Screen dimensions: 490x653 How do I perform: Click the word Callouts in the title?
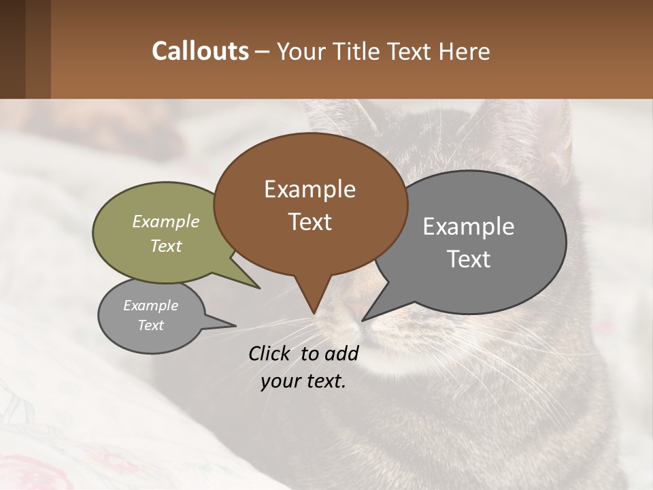[200, 51]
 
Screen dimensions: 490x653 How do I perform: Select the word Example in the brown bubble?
[309, 189]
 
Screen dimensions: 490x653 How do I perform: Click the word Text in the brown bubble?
[309, 222]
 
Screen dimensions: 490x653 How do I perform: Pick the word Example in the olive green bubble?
[165, 221]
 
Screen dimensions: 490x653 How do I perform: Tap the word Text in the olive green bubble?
[165, 246]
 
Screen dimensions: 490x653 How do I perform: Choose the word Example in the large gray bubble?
[469, 226]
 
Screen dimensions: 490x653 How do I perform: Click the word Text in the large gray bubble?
[469, 259]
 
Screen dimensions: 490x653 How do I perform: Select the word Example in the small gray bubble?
[150, 306]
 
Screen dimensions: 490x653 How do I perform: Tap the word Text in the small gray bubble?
[150, 325]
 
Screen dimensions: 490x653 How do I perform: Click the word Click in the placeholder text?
[271, 353]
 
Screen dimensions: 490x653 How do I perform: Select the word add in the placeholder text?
[341, 353]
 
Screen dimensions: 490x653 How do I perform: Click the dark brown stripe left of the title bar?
[12, 49]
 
